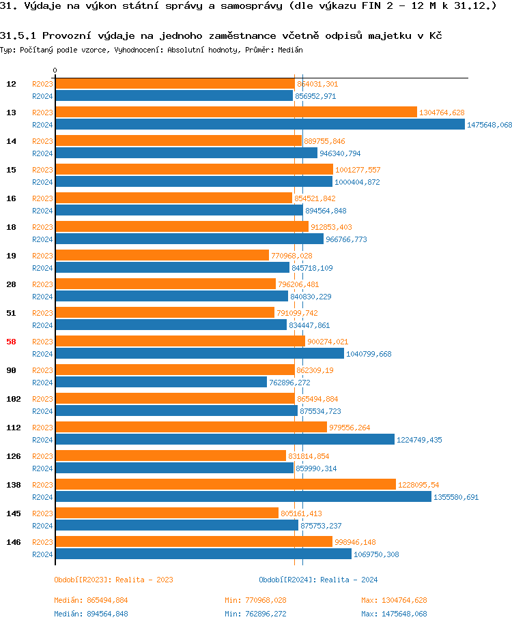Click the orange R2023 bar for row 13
[x=236, y=113]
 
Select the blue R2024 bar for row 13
[x=259, y=125]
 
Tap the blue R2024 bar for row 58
[x=199, y=354]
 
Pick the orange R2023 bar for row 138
[x=225, y=485]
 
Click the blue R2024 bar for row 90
[x=160, y=383]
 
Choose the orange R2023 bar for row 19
[x=162, y=256]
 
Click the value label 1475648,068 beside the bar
[x=489, y=125]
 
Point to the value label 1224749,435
[x=419, y=440]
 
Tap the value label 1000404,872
[x=357, y=182]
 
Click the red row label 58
[x=11, y=342]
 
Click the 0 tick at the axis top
[x=55, y=70]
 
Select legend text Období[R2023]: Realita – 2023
[x=113, y=580]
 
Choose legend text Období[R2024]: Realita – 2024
[x=318, y=580]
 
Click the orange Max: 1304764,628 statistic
[x=394, y=600]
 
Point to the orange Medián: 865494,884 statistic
[x=91, y=600]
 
